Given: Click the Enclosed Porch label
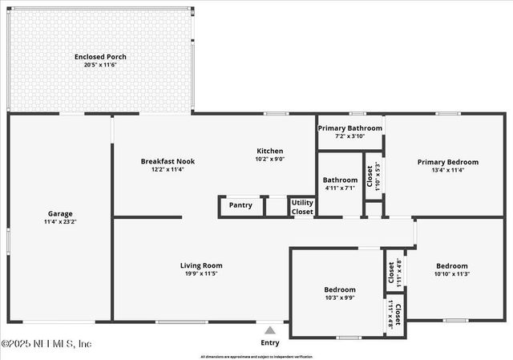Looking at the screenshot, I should (x=100, y=57).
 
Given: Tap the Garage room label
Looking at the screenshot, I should (x=60, y=214).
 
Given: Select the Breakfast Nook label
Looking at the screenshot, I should (x=168, y=161).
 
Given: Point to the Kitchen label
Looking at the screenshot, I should (x=269, y=151).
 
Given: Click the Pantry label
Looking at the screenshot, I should (x=240, y=205).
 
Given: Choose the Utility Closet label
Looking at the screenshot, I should (x=302, y=208).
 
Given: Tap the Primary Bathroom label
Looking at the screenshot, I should (x=349, y=128).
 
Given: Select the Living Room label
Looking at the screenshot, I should (x=200, y=265).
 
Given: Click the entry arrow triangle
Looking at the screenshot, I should (x=270, y=330).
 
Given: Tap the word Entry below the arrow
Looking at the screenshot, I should (x=270, y=343).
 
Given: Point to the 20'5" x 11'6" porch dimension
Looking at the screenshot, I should (x=100, y=65).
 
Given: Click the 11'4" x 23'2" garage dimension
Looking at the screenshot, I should (x=60, y=222).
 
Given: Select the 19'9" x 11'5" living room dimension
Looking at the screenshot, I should (x=200, y=273).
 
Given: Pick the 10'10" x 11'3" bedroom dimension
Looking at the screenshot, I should (x=452, y=274).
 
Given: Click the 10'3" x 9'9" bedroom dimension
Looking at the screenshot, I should (x=340, y=297).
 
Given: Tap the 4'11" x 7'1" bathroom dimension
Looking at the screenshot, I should (x=341, y=188).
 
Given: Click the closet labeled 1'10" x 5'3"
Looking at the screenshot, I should (x=373, y=177).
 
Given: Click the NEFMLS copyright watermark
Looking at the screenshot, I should (x=46, y=343).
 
